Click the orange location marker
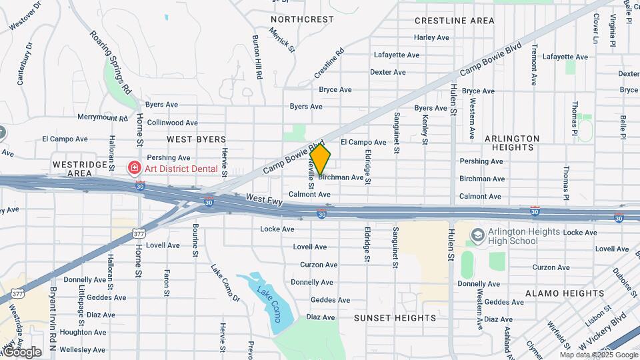(320, 160)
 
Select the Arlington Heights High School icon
(477, 235)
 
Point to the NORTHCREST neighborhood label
(302, 19)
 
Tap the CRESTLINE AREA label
(455, 21)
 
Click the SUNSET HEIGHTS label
(395, 318)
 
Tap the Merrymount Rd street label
(102, 118)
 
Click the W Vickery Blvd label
(603, 329)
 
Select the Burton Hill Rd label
(257, 58)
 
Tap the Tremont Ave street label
(534, 65)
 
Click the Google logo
(21, 351)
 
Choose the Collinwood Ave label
(172, 123)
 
